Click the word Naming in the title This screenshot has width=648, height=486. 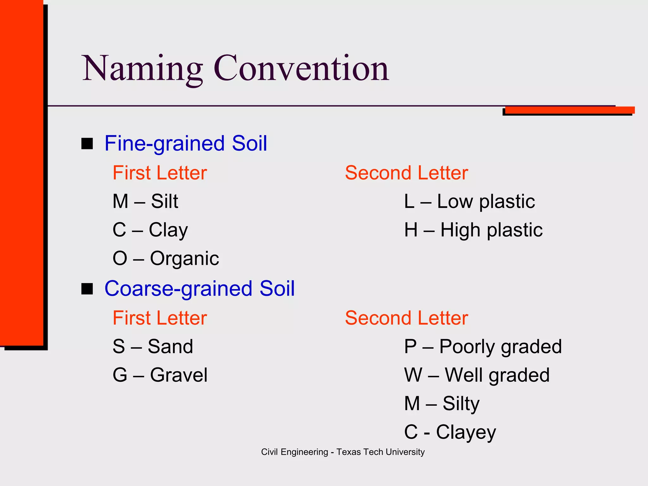(142, 69)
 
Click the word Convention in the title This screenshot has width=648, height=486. (301, 69)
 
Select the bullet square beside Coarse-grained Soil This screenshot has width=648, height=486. (87, 289)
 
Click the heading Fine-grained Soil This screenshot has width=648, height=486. (186, 143)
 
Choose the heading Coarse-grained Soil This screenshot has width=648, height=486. (199, 289)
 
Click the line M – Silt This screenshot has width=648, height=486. (145, 201)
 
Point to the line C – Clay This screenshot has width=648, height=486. (150, 230)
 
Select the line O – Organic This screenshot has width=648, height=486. (165, 259)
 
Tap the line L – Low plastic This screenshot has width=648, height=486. (469, 201)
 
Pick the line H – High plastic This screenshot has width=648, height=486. (473, 230)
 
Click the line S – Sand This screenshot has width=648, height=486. (153, 346)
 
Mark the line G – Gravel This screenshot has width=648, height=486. (160, 375)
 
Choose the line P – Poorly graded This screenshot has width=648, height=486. (483, 346)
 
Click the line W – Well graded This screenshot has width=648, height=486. (477, 375)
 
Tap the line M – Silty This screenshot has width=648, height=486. (442, 403)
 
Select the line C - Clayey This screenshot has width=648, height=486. (450, 432)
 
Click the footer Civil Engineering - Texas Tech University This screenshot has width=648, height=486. (343, 452)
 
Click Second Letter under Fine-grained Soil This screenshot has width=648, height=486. (406, 173)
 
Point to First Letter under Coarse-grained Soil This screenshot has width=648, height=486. (160, 318)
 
